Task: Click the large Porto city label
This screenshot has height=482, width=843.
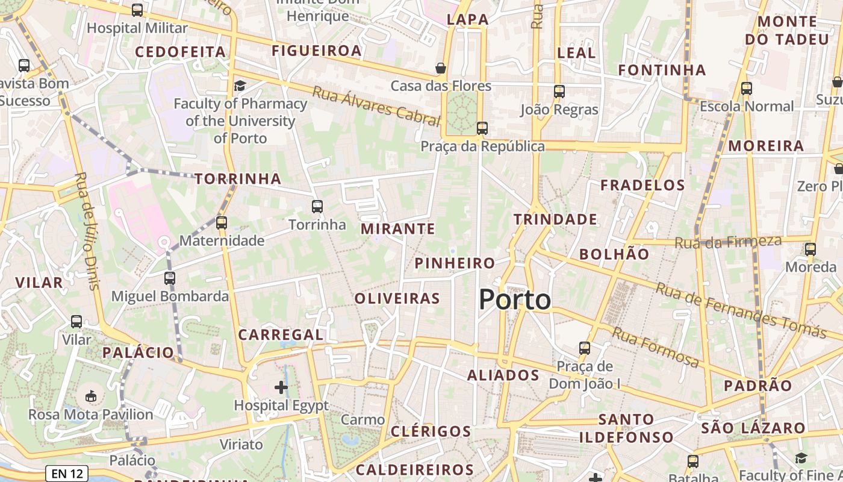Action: coord(515,299)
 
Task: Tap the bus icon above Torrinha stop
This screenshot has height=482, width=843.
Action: coord(317,207)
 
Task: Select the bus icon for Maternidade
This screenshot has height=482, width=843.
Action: coord(222,223)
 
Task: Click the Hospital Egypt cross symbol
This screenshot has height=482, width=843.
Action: coord(281,387)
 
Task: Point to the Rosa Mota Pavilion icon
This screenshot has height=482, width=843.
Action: coord(91,396)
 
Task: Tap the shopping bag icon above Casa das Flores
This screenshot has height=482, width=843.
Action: coord(441,67)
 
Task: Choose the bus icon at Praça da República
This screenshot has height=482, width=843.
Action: coord(482,128)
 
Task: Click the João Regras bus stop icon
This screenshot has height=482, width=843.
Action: coord(559,92)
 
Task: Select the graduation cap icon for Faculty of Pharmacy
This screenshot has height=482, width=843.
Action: coord(240,86)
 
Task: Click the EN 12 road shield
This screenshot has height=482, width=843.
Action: coord(67,474)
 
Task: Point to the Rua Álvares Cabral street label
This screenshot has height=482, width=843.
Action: coord(376,105)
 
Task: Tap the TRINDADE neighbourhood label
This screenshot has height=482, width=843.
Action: coord(555,219)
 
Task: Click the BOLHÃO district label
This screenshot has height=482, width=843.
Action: coord(614,254)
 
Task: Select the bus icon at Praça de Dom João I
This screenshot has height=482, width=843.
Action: coord(584,348)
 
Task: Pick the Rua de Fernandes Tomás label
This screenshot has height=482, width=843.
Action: coord(741,310)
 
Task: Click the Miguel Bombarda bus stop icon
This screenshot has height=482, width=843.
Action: coord(170,278)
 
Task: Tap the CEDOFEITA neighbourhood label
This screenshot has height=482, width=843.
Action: coord(180,52)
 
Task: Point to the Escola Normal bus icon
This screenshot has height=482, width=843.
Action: coord(747,89)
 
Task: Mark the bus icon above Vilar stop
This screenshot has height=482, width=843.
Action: coord(76,322)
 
